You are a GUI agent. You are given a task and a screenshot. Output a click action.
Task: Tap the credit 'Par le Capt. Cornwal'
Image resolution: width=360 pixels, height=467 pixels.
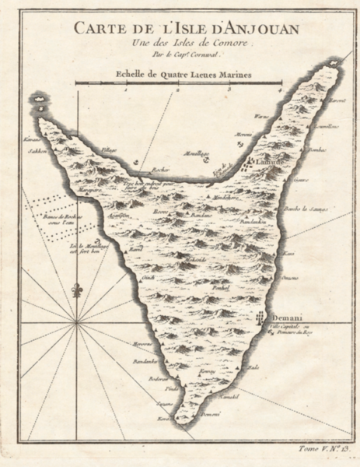pyautogui.click(x=182, y=56)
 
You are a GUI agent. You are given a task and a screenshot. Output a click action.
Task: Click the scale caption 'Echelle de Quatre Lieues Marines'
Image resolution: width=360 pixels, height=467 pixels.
pyautogui.click(x=179, y=75)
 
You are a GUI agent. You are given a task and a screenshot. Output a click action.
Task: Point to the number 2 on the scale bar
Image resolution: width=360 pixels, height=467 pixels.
pyautogui.click(x=178, y=90)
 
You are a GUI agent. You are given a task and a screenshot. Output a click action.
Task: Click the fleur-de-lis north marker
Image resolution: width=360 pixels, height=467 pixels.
pyautogui.click(x=76, y=291)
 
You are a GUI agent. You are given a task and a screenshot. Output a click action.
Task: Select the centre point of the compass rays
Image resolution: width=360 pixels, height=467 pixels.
pyautogui.click(x=76, y=320)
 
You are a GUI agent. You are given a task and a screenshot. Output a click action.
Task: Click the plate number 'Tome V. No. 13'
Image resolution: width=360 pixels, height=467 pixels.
pyautogui.click(x=317, y=449)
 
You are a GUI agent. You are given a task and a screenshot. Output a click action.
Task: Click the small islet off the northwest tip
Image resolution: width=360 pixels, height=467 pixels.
pyautogui.click(x=40, y=100)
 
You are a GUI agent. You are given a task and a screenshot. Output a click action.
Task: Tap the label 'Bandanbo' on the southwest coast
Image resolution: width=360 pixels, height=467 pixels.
pyautogui.click(x=123, y=360)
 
